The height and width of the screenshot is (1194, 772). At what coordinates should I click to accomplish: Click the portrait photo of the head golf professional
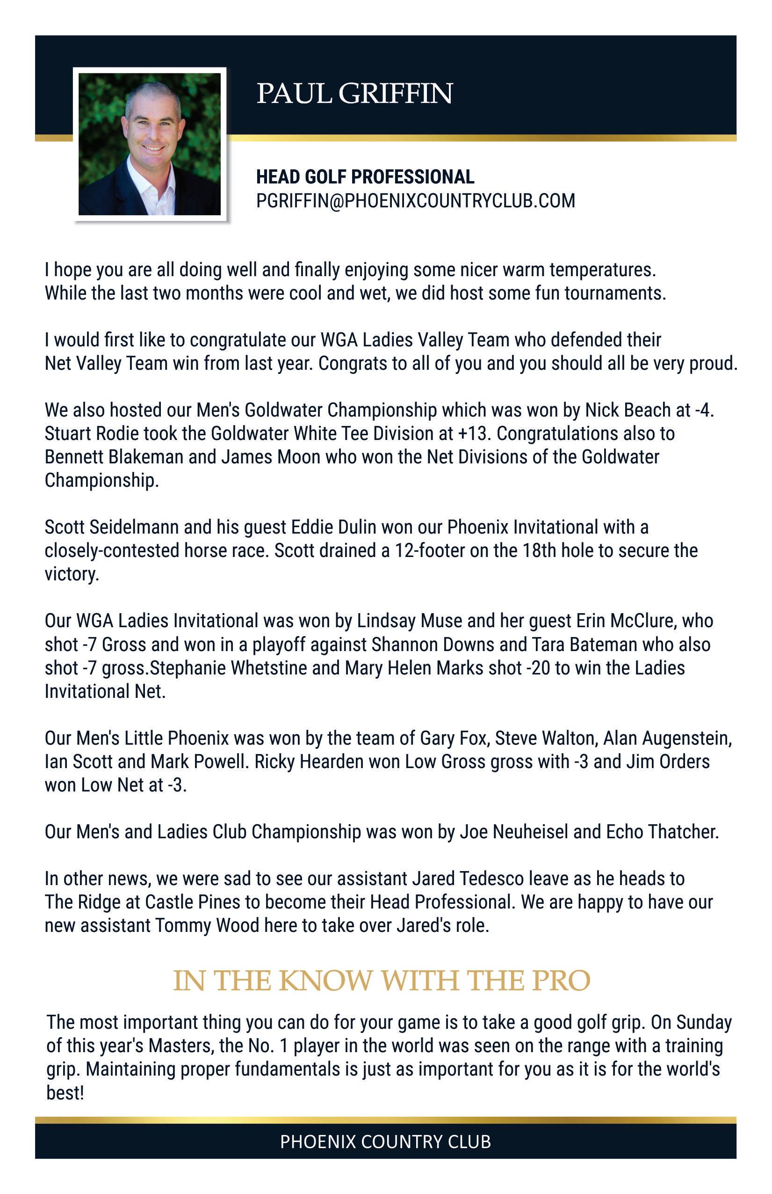149,144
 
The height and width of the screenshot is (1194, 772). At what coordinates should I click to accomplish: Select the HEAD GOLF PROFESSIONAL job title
365,176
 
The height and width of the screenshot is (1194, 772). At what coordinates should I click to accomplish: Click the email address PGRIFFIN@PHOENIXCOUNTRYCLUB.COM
415,201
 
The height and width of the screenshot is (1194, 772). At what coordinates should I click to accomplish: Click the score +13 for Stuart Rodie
473,433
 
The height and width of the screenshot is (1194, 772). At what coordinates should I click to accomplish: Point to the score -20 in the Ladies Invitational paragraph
538,668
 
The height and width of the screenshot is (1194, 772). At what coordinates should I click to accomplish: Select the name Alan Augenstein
667,739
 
